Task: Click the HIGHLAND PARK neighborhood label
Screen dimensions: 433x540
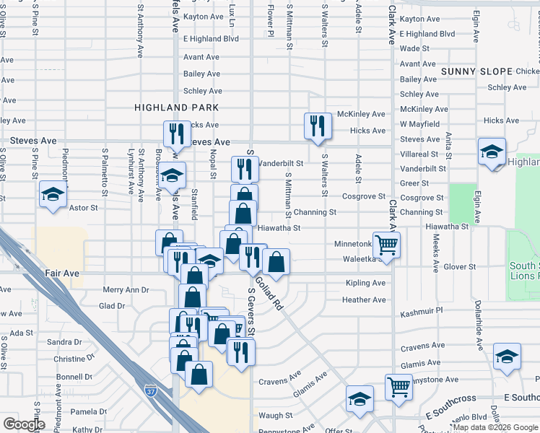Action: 166,108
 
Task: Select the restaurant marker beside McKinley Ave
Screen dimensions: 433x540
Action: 318,126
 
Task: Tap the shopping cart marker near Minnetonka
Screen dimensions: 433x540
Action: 387,245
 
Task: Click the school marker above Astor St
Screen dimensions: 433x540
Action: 53,194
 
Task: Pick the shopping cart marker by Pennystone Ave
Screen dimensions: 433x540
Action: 399,388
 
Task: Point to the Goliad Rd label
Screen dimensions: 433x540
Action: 269,295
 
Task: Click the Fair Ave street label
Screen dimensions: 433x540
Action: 61,274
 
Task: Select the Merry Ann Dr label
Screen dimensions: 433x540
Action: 126,289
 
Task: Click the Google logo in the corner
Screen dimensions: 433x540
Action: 25,424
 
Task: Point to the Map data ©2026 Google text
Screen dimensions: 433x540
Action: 490,428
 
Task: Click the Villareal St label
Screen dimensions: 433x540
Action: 419,154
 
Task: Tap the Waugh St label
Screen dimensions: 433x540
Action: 275,416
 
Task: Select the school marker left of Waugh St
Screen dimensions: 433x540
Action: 360,400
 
